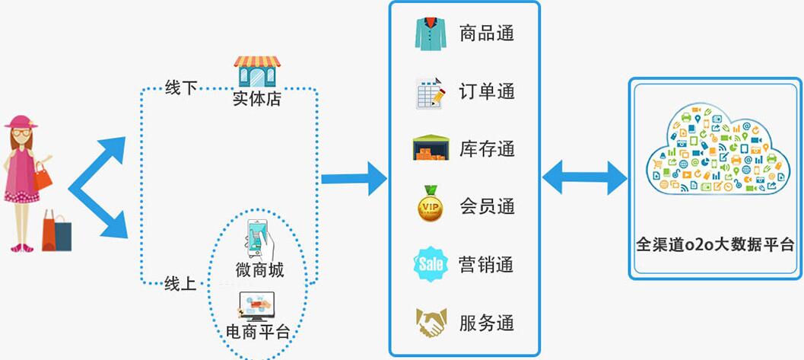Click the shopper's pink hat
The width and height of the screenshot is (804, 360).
pos(21,122)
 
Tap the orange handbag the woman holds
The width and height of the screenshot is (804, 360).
pos(43,177)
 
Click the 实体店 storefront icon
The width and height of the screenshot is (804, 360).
pos(257,70)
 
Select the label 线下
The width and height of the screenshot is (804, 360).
pos(181,88)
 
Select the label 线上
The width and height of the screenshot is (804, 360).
pos(181,283)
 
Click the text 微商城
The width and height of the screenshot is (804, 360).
pos(259,269)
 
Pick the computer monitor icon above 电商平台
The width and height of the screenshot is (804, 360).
pos(256,307)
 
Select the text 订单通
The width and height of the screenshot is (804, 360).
pos(487,91)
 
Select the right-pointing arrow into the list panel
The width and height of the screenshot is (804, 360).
pos(354,179)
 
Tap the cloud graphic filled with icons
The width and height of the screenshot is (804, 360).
pos(715,148)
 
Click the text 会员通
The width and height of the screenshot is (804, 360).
pos(487,206)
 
